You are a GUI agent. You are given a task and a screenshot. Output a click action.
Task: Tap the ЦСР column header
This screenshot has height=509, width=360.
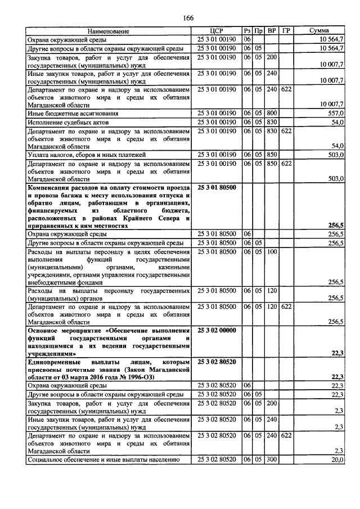(x=217, y=31)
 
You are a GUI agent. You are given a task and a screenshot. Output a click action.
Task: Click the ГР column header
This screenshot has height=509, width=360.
(x=286, y=31)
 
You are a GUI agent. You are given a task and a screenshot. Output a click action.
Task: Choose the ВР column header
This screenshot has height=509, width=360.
(x=272, y=31)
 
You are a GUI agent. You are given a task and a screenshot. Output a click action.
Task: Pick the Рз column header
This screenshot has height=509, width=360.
(x=247, y=31)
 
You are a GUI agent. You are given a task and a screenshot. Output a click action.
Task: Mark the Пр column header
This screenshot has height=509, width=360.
(x=258, y=31)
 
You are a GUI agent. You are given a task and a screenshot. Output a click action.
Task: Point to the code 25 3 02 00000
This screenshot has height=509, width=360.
(x=217, y=330)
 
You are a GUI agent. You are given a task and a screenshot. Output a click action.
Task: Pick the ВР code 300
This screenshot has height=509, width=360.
(x=272, y=459)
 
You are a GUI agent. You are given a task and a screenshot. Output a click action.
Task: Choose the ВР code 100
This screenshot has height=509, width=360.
(x=272, y=252)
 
